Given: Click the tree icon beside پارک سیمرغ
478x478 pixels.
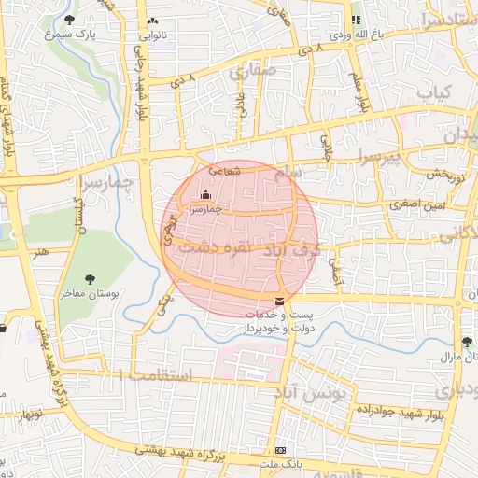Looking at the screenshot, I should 70,19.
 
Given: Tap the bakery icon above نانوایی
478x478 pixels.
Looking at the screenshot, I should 152,20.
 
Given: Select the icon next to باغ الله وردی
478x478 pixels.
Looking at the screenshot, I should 355,20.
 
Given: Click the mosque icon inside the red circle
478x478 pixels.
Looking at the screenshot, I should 205,194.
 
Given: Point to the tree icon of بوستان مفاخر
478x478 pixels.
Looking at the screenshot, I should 91,278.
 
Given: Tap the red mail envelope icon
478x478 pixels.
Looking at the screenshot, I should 281,301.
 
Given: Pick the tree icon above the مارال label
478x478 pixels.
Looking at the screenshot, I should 469,341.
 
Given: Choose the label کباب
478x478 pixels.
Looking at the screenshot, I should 434,93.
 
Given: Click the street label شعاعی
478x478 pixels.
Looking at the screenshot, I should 226,171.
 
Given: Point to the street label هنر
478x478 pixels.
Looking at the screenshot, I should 39,251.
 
